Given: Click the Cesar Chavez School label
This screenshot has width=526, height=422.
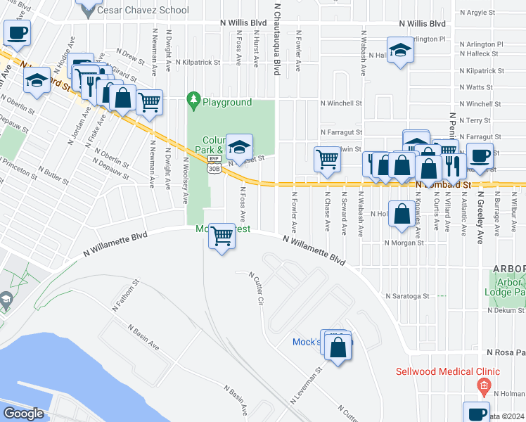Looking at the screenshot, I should coord(143,10).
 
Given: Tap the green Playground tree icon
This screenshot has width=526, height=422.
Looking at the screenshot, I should coord(193,102).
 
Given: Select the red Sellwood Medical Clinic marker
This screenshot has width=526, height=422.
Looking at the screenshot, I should coord(482,385).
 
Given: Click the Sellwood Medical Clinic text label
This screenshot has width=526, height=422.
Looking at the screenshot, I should coord(447,371).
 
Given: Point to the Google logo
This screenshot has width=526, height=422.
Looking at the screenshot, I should coord(23,414).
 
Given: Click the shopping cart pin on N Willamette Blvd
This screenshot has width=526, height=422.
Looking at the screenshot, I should coord(222,236).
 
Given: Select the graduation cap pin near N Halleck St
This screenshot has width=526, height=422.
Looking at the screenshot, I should coord(400,51).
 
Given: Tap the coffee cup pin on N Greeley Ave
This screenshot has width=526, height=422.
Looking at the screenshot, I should coord(481,157).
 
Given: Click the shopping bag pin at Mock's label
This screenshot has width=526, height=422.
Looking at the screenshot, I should coord(338,348).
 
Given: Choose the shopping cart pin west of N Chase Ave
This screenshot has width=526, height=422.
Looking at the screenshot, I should coord(327,159).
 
